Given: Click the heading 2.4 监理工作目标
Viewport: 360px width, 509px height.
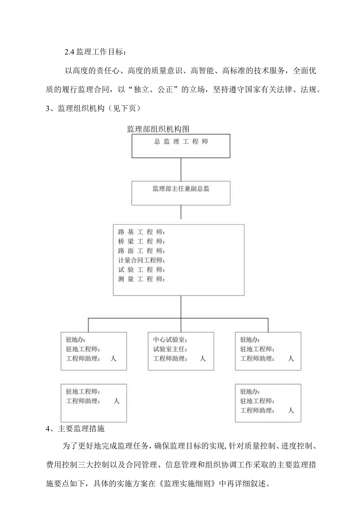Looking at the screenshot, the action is pyautogui.click(x=96, y=52).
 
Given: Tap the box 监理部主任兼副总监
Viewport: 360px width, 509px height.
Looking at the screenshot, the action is pyautogui.click(x=181, y=189).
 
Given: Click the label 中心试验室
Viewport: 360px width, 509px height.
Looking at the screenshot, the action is pyautogui.click(x=167, y=340).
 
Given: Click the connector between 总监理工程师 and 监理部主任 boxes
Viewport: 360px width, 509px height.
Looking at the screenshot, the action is pyautogui.click(x=181, y=169).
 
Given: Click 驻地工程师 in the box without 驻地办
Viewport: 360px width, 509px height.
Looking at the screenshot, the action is pyautogui.click(x=83, y=391).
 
